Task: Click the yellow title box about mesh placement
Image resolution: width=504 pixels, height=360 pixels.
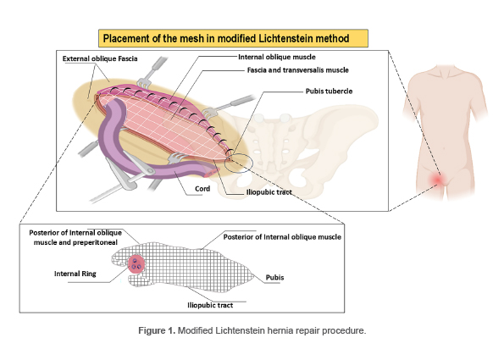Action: (233, 39)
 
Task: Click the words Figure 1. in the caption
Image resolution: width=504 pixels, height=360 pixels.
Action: (157, 330)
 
